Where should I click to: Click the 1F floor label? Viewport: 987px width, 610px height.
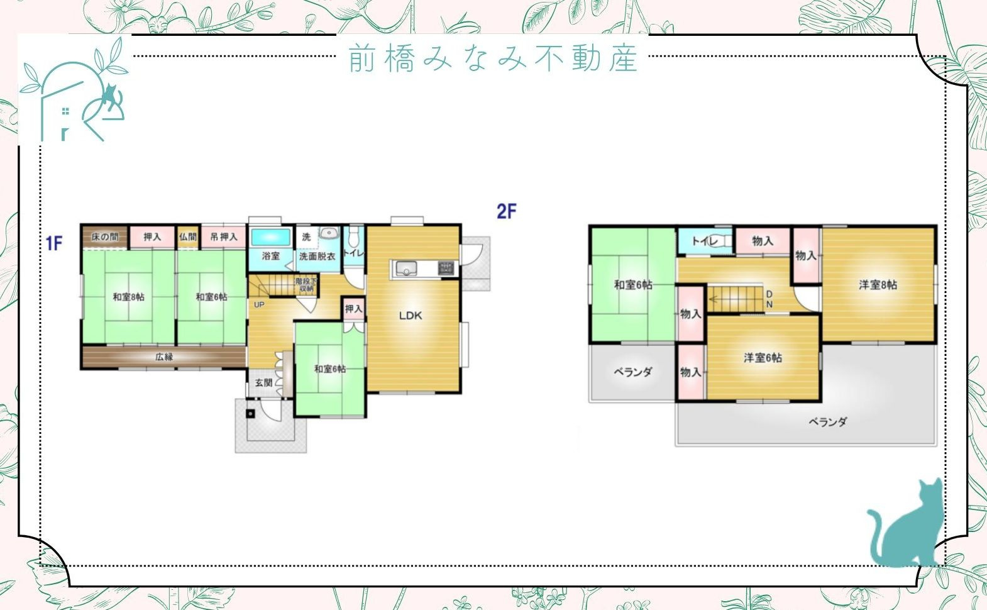(53, 243)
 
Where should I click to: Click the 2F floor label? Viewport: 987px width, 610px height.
(506, 211)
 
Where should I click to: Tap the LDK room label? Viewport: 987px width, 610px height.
(411, 316)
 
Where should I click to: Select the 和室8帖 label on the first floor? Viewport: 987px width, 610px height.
(128, 297)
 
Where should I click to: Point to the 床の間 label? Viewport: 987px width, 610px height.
(104, 237)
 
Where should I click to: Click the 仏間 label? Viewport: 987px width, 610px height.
(187, 237)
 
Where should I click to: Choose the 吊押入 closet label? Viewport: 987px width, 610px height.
(224, 237)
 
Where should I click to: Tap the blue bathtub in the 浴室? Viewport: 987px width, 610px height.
(271, 238)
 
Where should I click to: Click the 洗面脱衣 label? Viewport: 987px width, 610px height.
(317, 257)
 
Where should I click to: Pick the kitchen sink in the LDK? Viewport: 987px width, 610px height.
(405, 269)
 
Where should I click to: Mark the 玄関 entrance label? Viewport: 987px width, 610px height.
(264, 383)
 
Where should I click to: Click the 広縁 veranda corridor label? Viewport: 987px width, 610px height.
(164, 357)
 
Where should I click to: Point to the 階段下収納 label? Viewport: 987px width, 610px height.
(306, 285)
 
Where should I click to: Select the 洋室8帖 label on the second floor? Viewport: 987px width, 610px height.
(878, 285)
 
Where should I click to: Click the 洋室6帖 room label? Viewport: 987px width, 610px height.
(763, 358)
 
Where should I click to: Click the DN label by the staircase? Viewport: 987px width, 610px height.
(769, 299)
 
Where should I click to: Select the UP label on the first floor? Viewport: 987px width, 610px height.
(258, 305)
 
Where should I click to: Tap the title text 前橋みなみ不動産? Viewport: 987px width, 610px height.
(493, 58)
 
